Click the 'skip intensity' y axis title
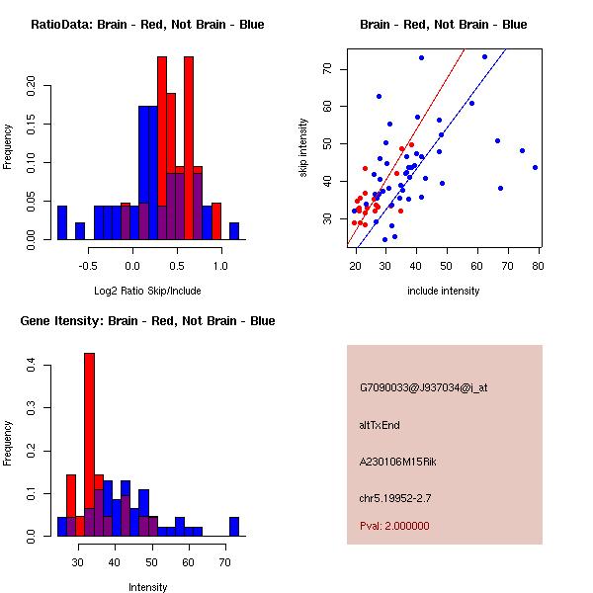(x=303, y=148)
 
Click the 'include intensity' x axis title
(x=444, y=291)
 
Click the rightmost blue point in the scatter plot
(x=535, y=167)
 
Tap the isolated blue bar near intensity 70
(x=234, y=526)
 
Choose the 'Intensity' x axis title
(x=148, y=587)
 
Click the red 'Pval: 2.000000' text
(x=394, y=526)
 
